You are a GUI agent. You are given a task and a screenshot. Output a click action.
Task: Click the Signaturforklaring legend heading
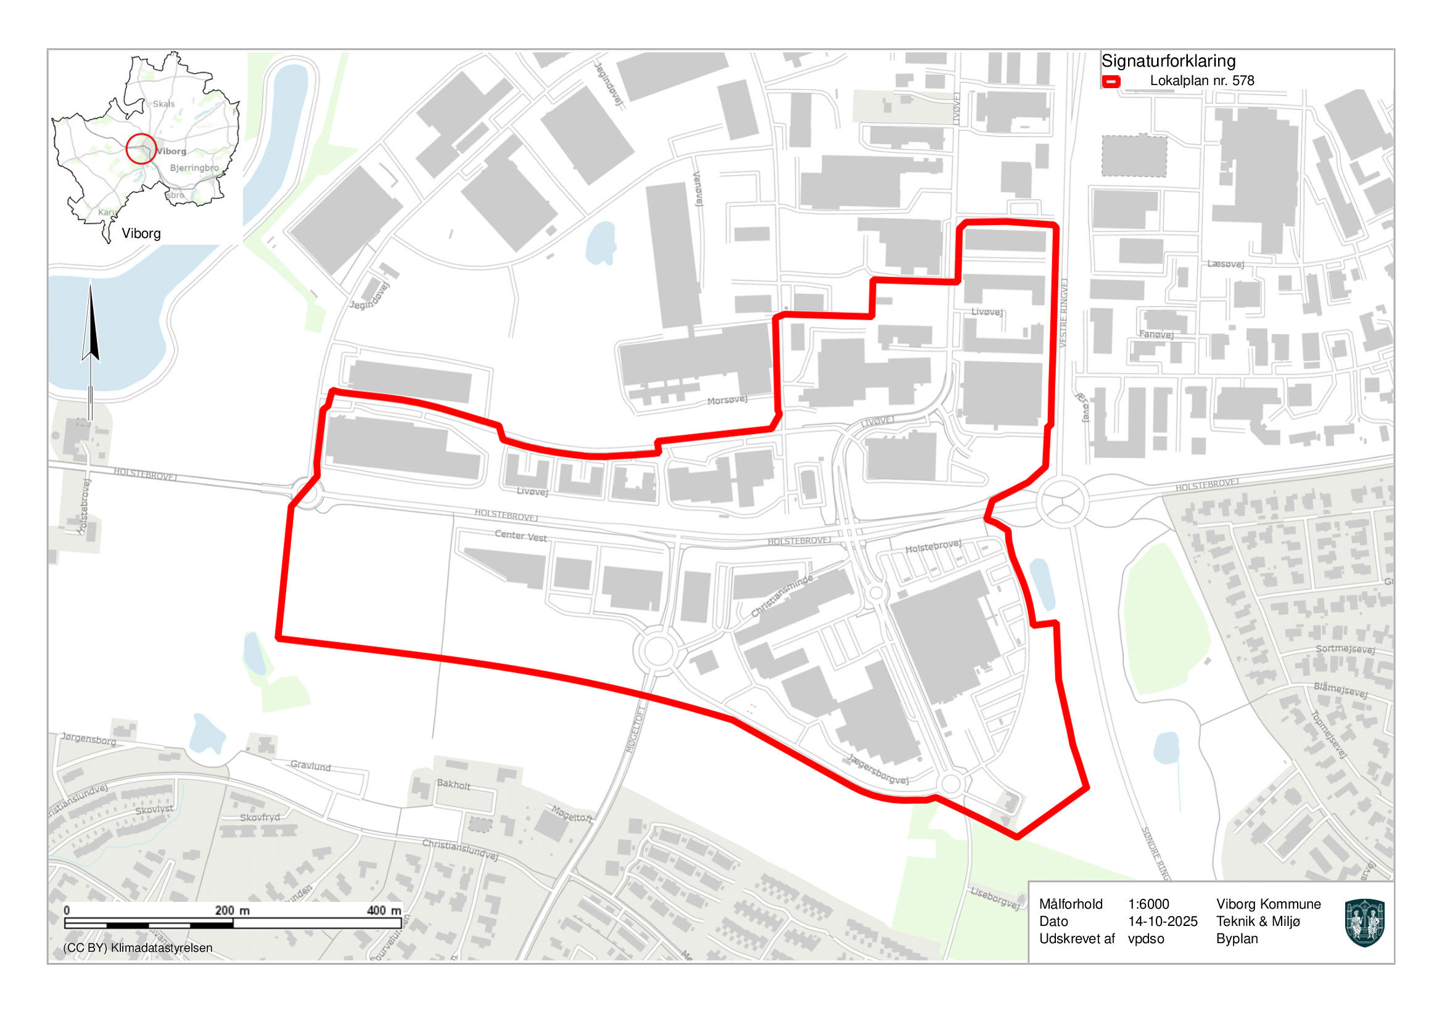(x=1168, y=61)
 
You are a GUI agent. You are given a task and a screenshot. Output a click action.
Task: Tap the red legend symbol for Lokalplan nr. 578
(x=1111, y=81)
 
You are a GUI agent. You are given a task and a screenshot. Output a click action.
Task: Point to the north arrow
(x=91, y=327)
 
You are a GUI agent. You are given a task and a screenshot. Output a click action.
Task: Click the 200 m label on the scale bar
(x=232, y=911)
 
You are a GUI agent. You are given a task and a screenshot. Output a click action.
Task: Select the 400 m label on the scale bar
(x=383, y=911)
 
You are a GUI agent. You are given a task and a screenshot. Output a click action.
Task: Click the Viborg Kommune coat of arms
(x=1365, y=922)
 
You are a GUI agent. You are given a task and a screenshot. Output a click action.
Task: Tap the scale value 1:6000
(x=1148, y=904)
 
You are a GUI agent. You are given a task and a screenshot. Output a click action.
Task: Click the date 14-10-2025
(x=1163, y=921)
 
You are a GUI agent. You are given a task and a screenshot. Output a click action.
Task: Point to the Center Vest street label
(x=520, y=536)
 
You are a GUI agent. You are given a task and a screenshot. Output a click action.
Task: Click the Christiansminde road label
(x=782, y=595)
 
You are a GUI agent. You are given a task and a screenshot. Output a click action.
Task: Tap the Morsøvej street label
(x=727, y=400)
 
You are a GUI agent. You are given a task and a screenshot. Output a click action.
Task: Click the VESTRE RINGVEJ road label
(x=1063, y=313)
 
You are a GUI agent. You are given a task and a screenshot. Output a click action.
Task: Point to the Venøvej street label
(x=697, y=188)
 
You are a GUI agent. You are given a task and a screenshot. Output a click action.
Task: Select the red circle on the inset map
(x=141, y=149)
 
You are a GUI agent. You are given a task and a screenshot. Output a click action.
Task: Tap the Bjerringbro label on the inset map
(x=194, y=168)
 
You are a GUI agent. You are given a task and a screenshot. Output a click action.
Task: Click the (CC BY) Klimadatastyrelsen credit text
(x=138, y=947)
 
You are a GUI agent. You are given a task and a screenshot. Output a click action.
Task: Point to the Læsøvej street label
(x=1225, y=264)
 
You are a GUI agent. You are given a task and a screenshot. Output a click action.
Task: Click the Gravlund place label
(x=310, y=766)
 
